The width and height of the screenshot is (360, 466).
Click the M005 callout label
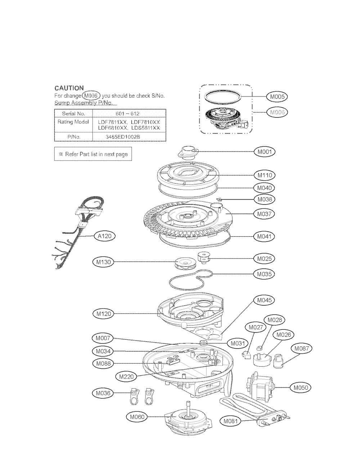[x=277, y=97]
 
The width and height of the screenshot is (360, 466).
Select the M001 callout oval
[x=265, y=152]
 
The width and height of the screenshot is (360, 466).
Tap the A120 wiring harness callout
[x=105, y=236]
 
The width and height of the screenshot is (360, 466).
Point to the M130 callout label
[x=103, y=262]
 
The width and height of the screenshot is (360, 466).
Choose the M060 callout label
[x=137, y=417]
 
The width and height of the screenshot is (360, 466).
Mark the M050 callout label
[x=301, y=388]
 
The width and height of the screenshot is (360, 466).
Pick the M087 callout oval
[x=301, y=348]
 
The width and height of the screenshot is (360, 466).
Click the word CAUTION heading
[x=69, y=88]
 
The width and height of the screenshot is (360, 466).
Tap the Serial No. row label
[x=73, y=113]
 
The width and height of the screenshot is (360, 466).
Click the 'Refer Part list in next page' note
[x=93, y=154]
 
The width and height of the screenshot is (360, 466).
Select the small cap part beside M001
[x=187, y=152]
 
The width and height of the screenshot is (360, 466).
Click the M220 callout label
[x=126, y=377]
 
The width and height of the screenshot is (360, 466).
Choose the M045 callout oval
[x=264, y=300]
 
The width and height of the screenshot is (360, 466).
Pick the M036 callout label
[x=103, y=393]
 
